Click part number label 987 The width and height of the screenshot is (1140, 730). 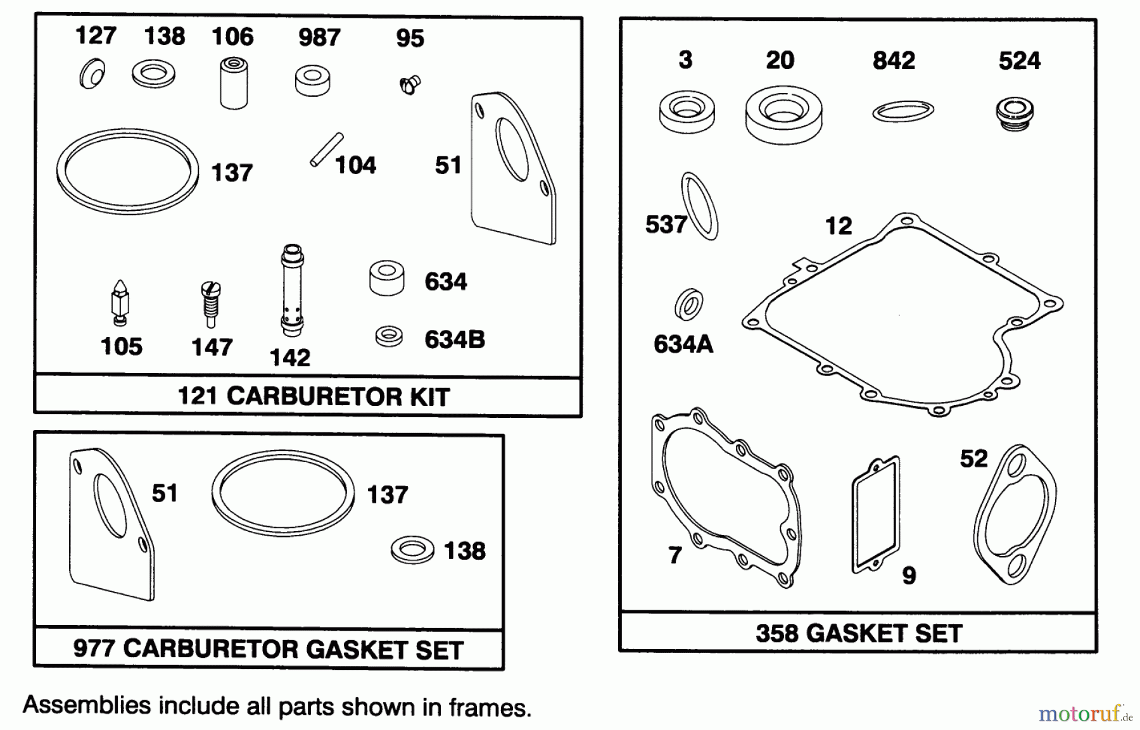(319, 37)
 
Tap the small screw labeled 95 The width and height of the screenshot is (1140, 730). (410, 84)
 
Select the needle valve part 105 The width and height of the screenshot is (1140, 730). (118, 303)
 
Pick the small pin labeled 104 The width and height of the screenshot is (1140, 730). (326, 149)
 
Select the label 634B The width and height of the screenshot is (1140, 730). (454, 340)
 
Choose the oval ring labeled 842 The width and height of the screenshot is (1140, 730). (902, 112)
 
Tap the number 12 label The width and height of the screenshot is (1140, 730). (838, 226)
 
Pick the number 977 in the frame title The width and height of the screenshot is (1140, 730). (94, 648)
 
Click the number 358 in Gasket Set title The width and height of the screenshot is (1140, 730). (776, 633)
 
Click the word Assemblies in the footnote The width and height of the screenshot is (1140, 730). (87, 706)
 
